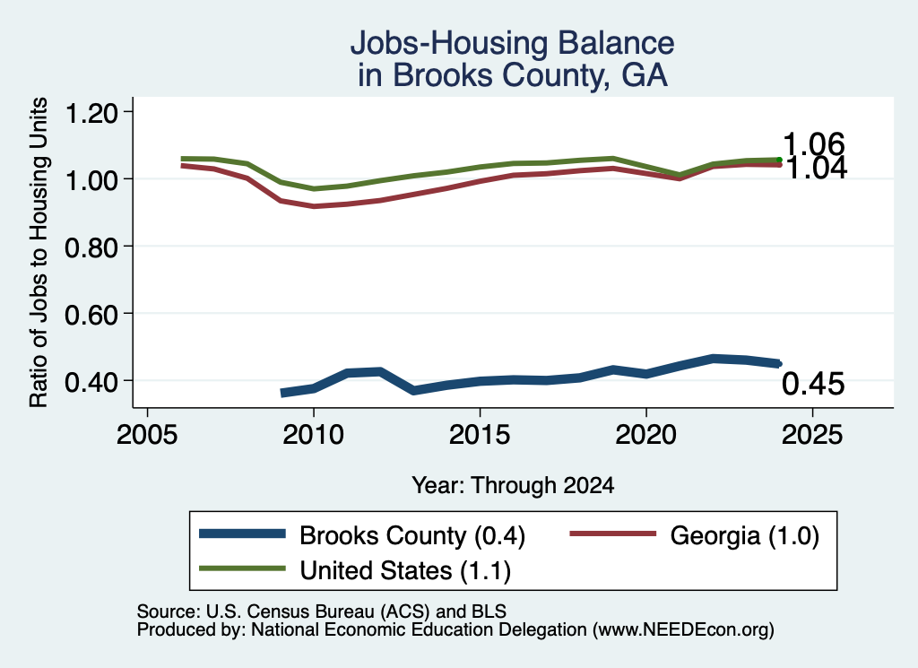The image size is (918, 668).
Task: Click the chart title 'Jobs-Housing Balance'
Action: click(512, 43)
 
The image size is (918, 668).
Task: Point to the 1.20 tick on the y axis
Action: click(91, 112)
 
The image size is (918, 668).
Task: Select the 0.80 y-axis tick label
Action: click(91, 247)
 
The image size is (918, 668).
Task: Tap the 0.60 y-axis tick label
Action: click(91, 315)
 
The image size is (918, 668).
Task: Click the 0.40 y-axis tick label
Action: click(91, 382)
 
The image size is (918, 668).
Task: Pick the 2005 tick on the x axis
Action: click(148, 435)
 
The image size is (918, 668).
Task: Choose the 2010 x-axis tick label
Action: click(314, 435)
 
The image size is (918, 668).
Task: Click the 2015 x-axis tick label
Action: click(481, 435)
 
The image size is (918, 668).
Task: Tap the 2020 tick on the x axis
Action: click(646, 435)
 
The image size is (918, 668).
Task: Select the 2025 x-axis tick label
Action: click(812, 435)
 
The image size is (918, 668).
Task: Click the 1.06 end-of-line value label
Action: click(814, 143)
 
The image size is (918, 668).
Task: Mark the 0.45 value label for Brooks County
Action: click(813, 384)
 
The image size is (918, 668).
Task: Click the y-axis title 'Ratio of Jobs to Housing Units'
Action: click(39, 252)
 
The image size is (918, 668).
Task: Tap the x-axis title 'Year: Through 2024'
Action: click(513, 485)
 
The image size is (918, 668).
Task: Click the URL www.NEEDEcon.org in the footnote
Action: click(683, 630)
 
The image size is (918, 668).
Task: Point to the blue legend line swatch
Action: click(242, 534)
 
